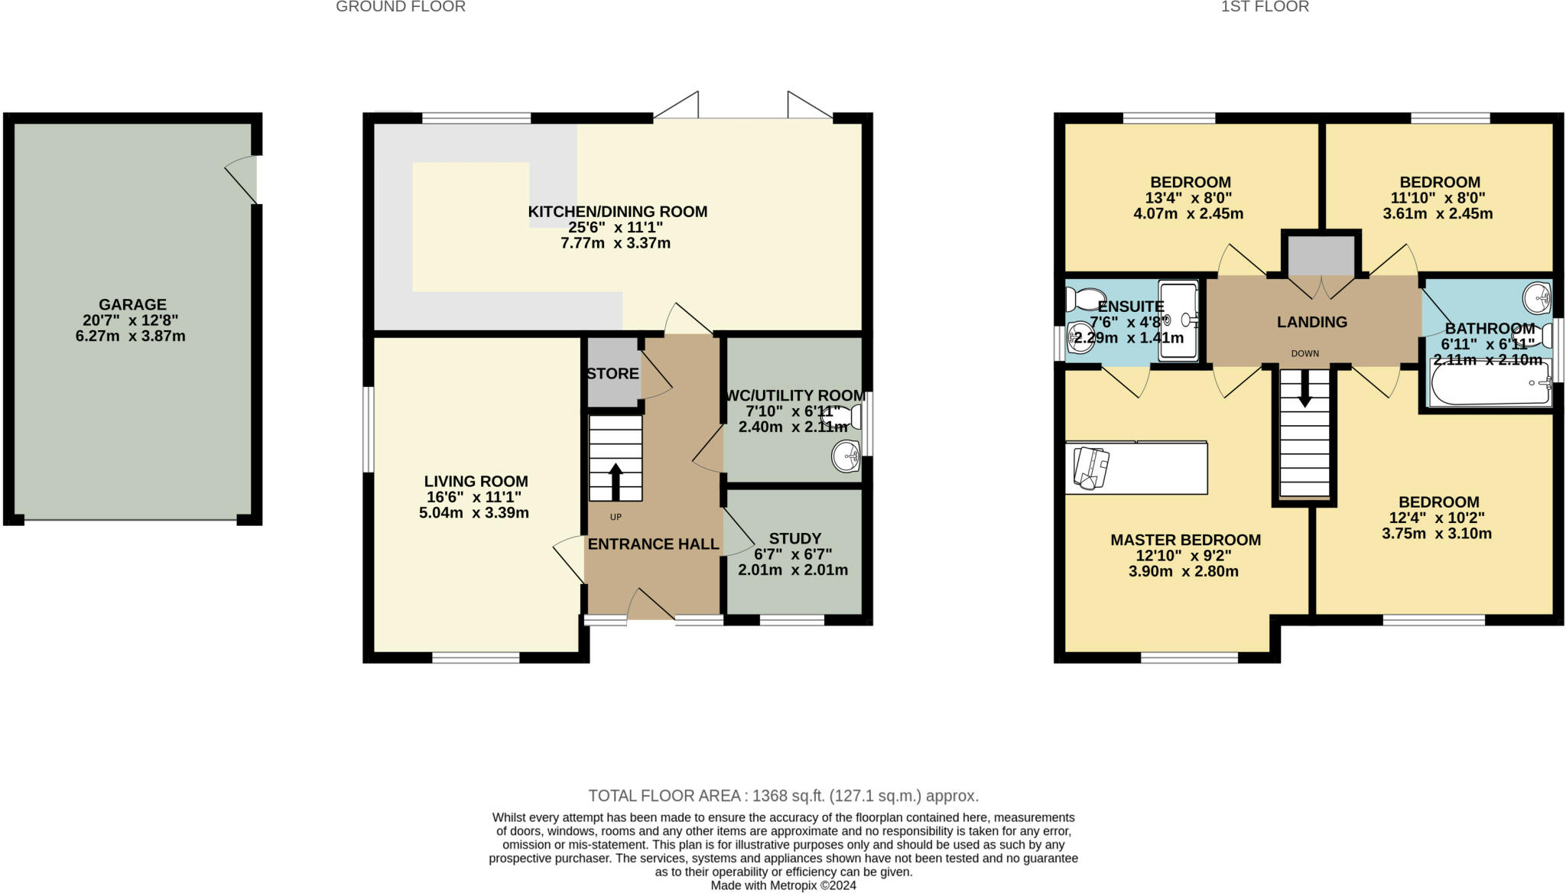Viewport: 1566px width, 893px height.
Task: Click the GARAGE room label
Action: (132, 304)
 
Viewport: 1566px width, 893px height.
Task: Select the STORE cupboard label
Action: (612, 374)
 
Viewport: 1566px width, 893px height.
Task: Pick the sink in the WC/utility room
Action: (846, 457)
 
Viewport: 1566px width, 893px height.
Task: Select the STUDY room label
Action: (794, 538)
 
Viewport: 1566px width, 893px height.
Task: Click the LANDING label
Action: (1311, 322)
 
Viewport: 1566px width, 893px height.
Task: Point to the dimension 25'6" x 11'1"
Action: (615, 227)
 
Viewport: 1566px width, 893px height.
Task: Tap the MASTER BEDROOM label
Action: (1185, 540)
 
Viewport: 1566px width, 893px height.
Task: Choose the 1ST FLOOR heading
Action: (1265, 7)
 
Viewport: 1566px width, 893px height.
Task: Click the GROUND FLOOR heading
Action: (400, 7)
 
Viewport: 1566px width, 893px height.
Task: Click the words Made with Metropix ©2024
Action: (783, 885)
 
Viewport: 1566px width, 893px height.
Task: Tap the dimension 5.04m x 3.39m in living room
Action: (473, 513)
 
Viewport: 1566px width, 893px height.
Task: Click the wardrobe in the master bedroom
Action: (1136, 468)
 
